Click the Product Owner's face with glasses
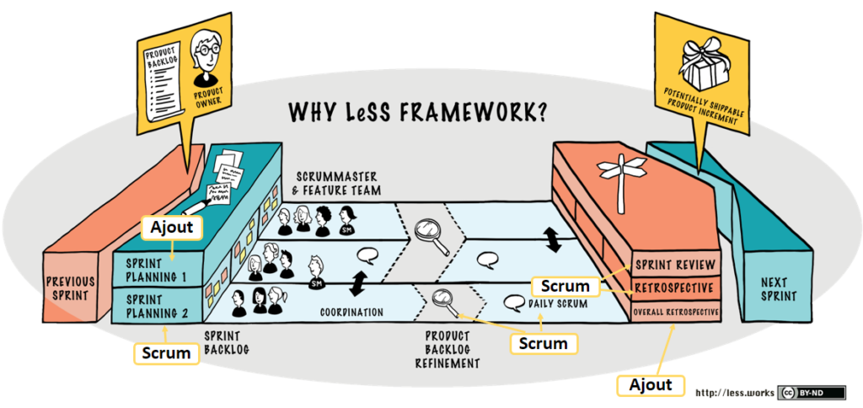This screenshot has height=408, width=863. tap(206, 49)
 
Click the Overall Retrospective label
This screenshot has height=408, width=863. tap(677, 312)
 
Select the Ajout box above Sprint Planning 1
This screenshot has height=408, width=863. tap(173, 227)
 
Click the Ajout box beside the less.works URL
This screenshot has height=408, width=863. tap(651, 384)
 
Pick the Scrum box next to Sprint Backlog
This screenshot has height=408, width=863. tap(167, 352)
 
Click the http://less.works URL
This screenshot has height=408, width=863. tap(734, 392)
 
